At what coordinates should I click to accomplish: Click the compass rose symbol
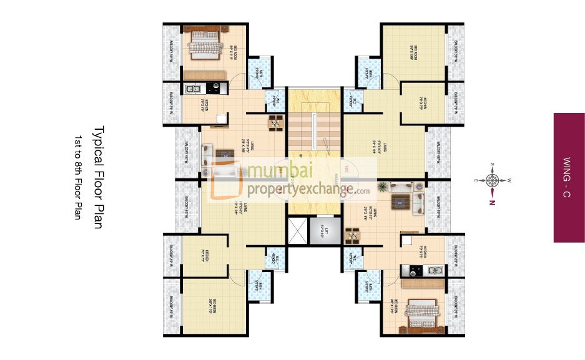pos(492,180)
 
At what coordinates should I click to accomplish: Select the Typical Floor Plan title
pos(97,177)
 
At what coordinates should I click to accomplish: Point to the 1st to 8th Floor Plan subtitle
pos(79,177)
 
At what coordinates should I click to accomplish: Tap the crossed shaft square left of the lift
pos(297,230)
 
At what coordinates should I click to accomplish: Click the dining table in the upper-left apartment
pos(275,124)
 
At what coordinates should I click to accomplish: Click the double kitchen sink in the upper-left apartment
pos(192,89)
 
